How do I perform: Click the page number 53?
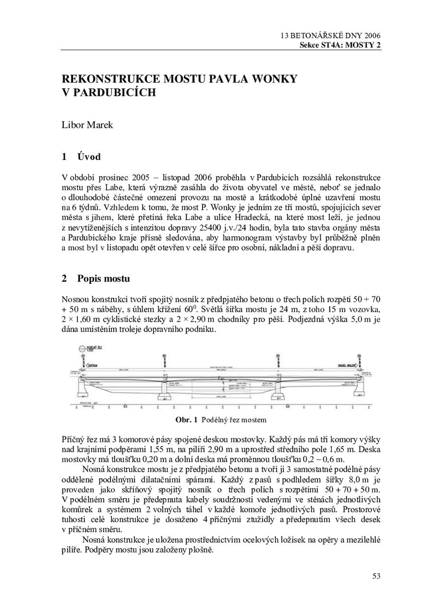point(376,576)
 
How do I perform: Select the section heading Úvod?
point(89,157)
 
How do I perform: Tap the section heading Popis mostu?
point(103,279)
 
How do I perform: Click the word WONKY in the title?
point(274,79)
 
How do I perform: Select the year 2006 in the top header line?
point(372,36)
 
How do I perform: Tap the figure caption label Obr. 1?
point(187,420)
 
